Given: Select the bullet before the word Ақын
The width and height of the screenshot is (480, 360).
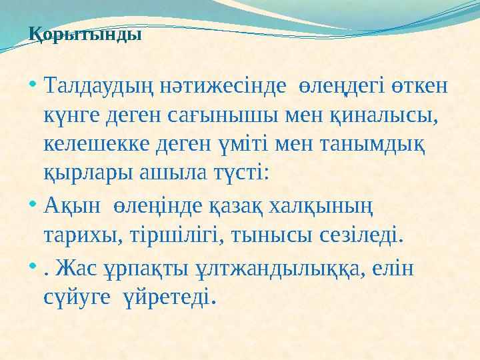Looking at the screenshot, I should (33, 206).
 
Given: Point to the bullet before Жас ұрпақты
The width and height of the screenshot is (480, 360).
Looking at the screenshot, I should (33, 265).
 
